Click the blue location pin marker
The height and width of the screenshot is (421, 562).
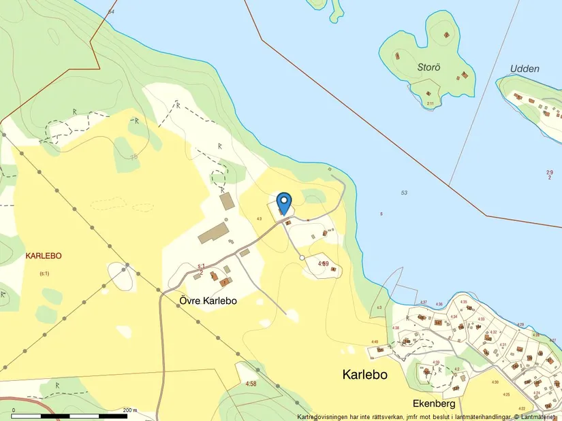coord(284,202)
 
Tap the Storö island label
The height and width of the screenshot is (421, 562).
coord(429,67)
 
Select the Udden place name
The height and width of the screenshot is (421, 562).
coord(525,69)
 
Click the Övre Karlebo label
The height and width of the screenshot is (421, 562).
coord(208,300)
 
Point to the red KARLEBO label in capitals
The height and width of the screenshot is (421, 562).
coord(44,256)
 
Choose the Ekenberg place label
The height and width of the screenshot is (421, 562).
coord(434,403)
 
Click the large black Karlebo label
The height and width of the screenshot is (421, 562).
coord(365,375)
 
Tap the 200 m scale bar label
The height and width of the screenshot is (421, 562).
coord(130,410)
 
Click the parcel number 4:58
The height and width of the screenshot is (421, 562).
coord(251,384)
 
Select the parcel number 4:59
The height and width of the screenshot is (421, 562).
coord(324,263)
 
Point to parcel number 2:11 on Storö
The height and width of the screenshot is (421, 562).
coord(430,103)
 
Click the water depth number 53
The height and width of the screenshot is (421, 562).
coord(404,193)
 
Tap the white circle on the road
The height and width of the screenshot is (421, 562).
coord(302,258)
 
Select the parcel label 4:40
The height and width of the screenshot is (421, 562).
coord(375,342)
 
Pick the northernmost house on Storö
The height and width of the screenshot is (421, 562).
coord(447,34)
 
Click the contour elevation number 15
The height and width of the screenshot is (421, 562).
coord(134,156)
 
